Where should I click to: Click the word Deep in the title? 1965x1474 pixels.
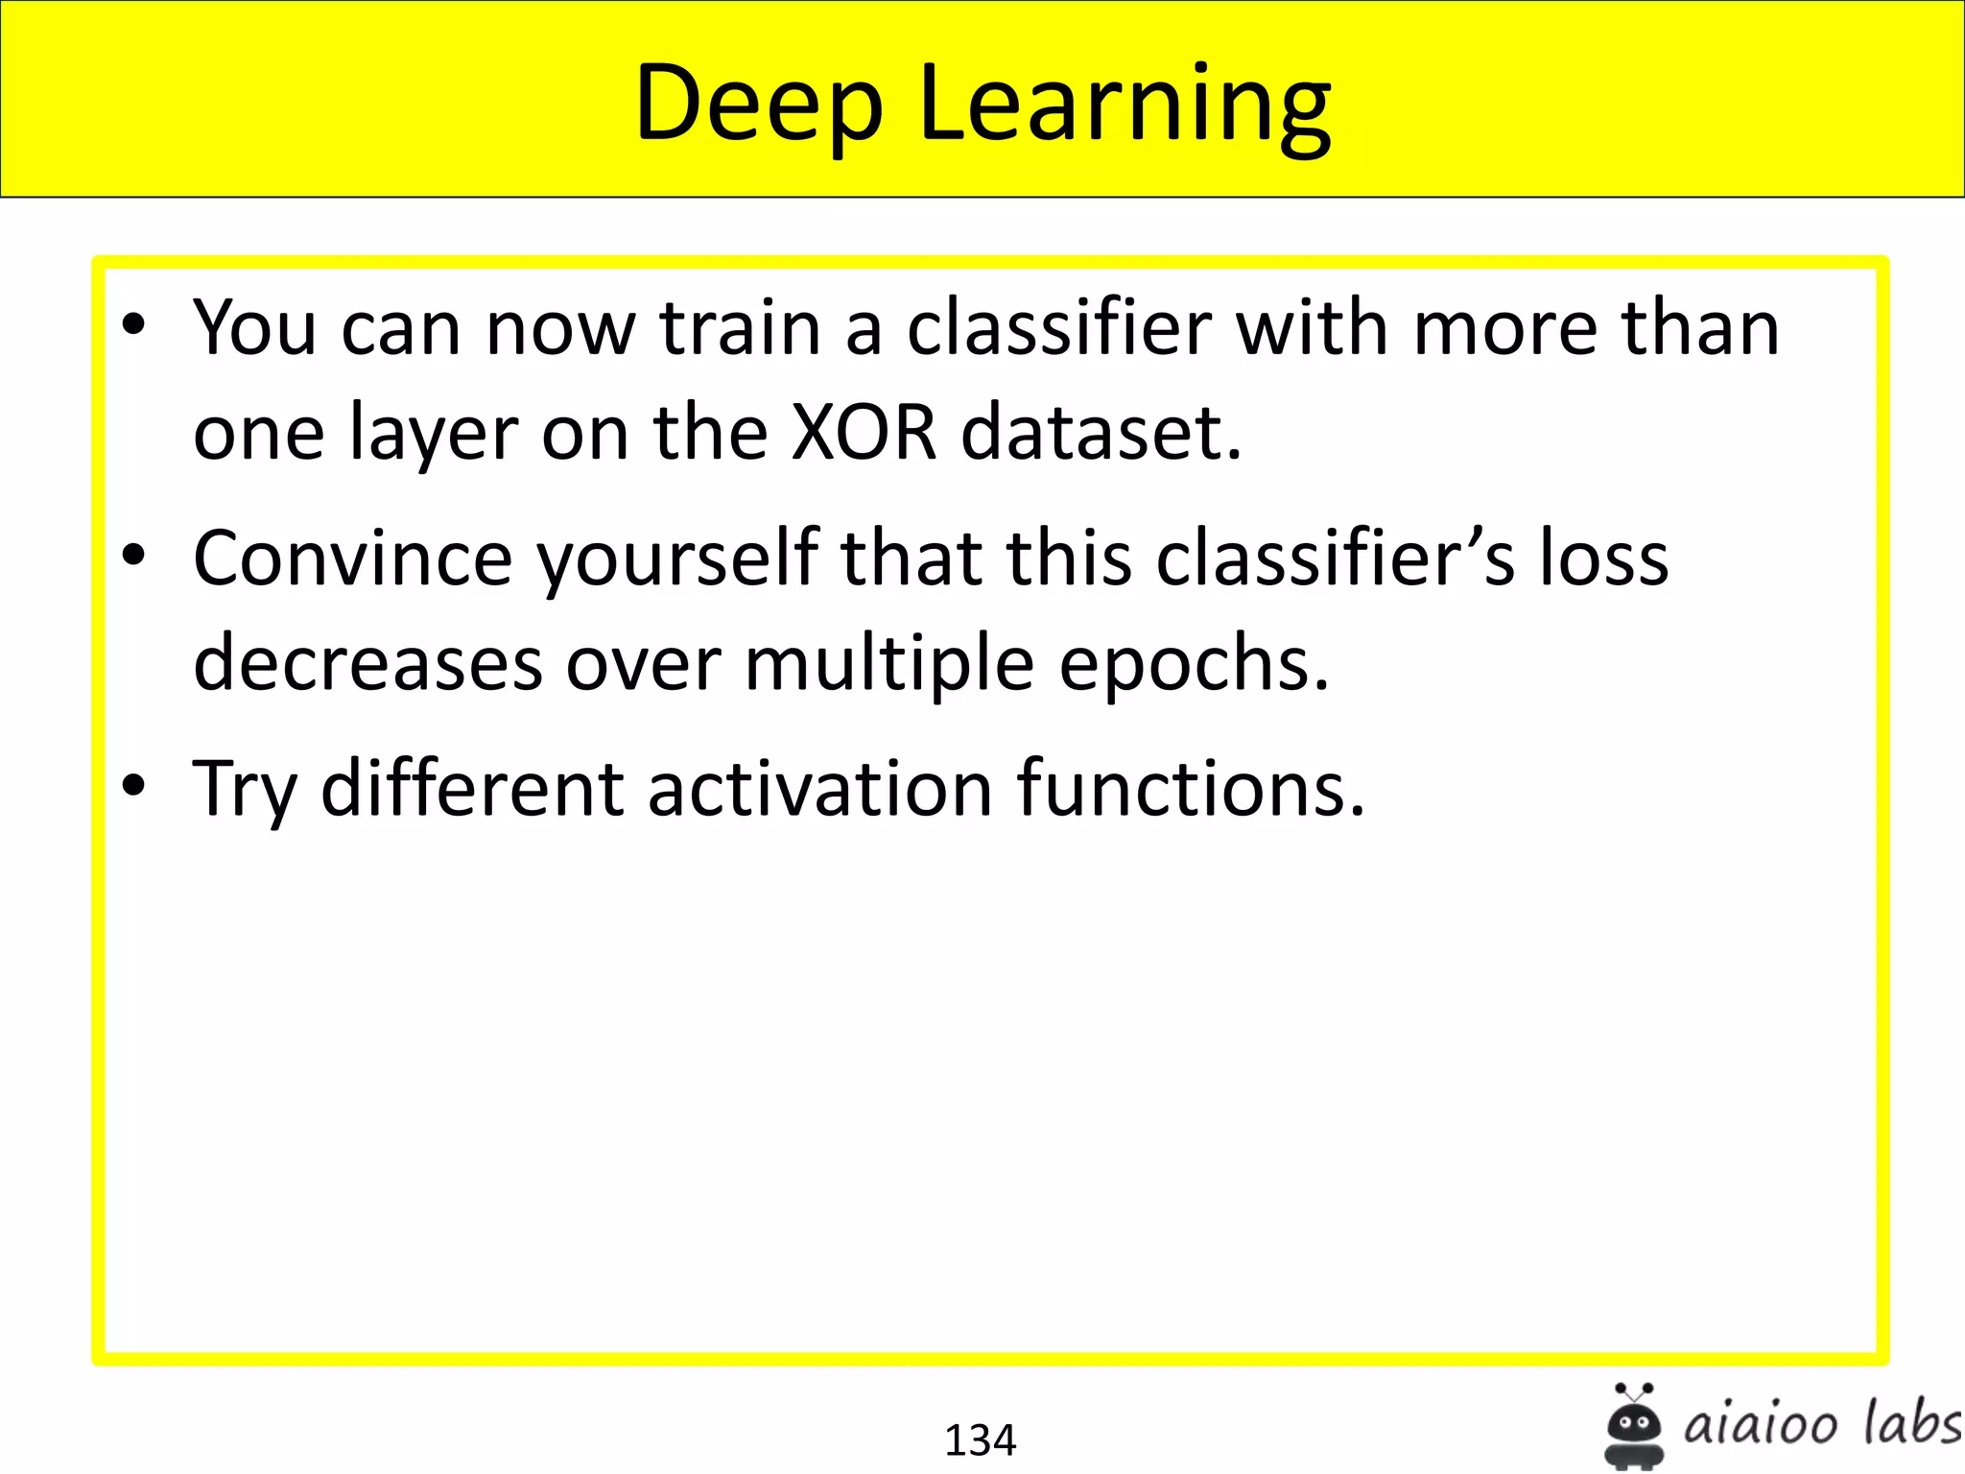pyautogui.click(x=758, y=104)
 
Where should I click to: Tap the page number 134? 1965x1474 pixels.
pyautogui.click(x=980, y=1439)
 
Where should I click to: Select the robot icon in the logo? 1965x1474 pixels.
pyautogui.click(x=1633, y=1425)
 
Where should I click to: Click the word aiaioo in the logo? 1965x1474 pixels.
pyautogui.click(x=1761, y=1425)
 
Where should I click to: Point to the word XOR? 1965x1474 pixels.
pyautogui.click(x=863, y=432)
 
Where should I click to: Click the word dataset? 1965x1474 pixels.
pyautogui.click(x=1101, y=432)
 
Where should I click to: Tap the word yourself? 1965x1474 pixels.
pyautogui.click(x=677, y=559)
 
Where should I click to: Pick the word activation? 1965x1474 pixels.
pyautogui.click(x=819, y=789)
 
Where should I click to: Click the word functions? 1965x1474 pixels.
pyautogui.click(x=1190, y=789)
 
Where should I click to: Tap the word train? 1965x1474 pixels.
pyautogui.click(x=740, y=328)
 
